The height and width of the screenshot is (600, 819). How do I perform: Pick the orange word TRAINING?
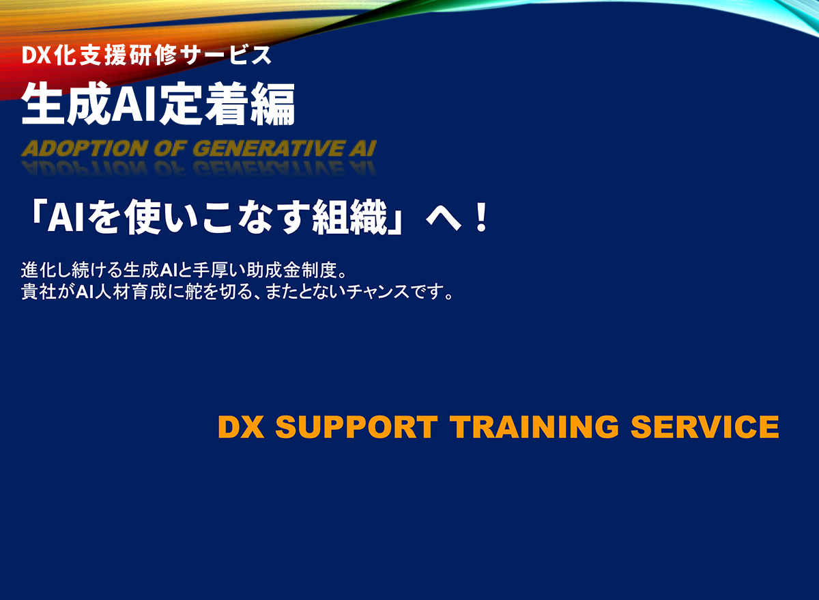click(534, 428)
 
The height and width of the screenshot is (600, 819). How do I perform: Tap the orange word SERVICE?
click(704, 428)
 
